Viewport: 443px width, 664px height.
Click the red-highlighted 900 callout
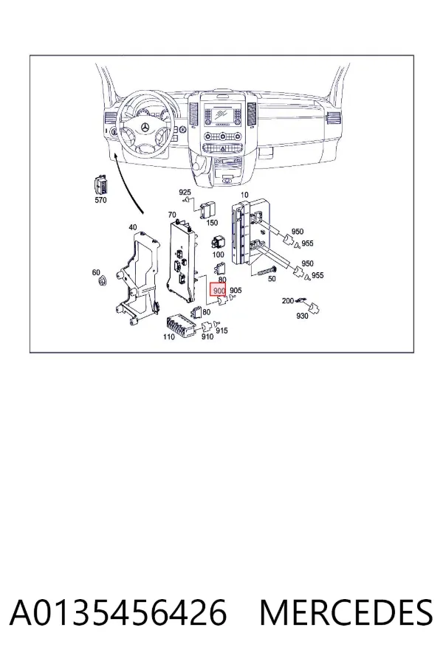click(219, 291)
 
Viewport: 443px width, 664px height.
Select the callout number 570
click(100, 200)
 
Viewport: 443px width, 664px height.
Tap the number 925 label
click(185, 193)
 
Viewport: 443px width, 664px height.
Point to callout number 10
click(244, 195)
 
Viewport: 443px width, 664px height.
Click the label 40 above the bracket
click(133, 227)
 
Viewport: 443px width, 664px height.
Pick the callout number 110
click(169, 336)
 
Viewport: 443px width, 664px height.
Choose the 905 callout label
click(236, 291)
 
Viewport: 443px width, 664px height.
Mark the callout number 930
click(302, 316)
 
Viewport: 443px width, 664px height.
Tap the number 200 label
click(288, 301)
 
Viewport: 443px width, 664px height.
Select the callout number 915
click(221, 331)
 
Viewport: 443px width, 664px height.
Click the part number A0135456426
click(118, 612)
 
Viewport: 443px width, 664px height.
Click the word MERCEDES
click(346, 612)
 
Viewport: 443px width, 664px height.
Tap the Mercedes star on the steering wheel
click(145, 128)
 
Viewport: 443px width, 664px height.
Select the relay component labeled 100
click(219, 243)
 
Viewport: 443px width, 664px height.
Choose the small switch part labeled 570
click(100, 186)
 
